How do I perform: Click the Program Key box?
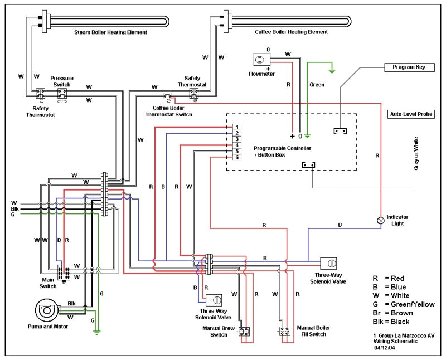[409, 67]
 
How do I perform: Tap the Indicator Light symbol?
[381, 220]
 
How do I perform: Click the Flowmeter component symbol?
[260, 60]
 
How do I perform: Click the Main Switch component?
[63, 273]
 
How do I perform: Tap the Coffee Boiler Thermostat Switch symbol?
[167, 97]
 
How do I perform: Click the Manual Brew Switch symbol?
[244, 332]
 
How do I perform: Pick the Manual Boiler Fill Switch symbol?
[285, 332]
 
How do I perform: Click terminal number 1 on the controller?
[236, 127]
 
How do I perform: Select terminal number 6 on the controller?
[236, 158]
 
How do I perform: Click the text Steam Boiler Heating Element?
[111, 32]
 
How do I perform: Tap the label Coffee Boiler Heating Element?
[291, 32]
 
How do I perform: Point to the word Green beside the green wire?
[317, 85]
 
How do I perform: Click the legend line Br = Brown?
[392, 313]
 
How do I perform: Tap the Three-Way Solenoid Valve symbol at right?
[329, 264]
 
